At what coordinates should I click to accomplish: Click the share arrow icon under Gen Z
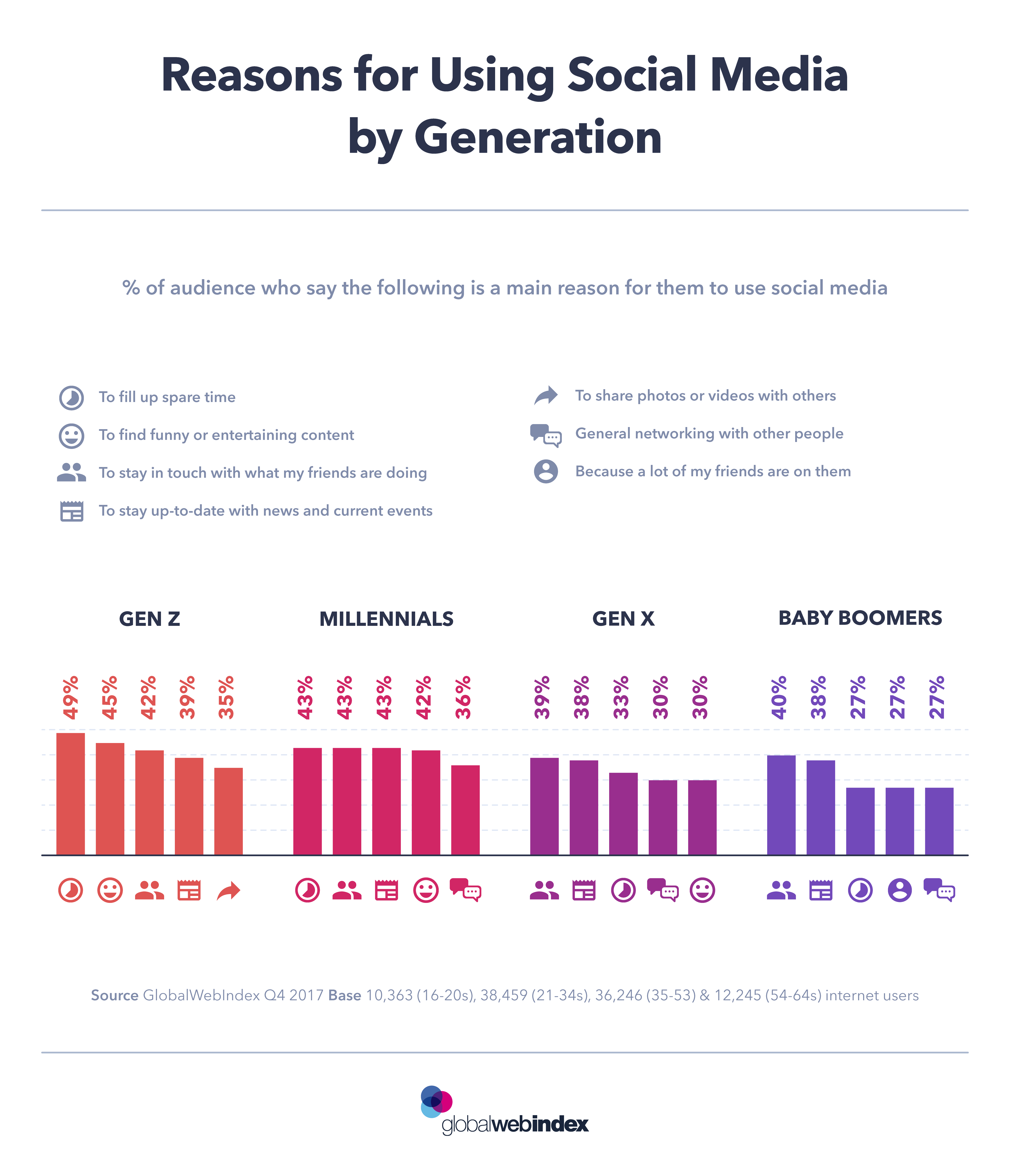click(229, 890)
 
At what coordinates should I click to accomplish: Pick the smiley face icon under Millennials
click(426, 890)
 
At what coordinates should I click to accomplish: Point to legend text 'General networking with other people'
click(709, 434)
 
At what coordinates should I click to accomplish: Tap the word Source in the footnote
click(114, 995)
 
